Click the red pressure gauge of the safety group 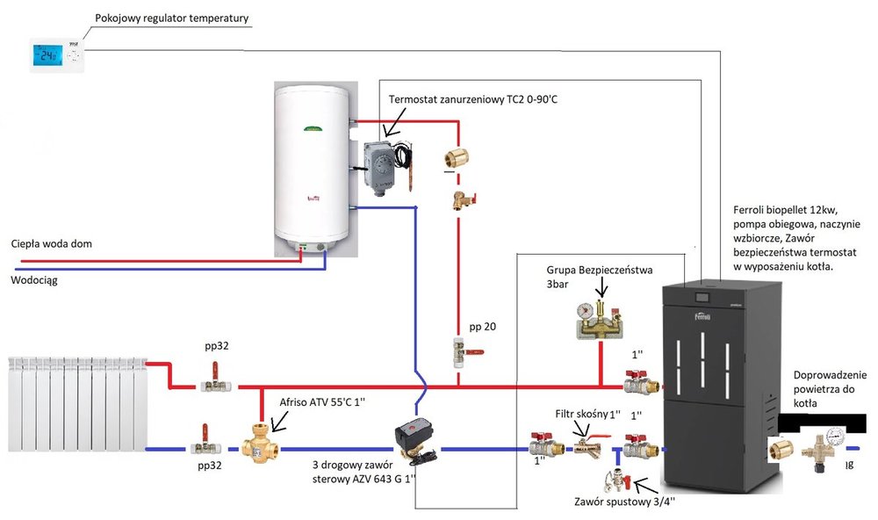(x=583, y=311)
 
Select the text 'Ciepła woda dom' (x=52, y=243)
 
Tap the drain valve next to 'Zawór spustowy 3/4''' (x=615, y=480)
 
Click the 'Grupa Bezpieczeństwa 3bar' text (x=600, y=277)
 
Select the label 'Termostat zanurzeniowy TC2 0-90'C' (x=473, y=100)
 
